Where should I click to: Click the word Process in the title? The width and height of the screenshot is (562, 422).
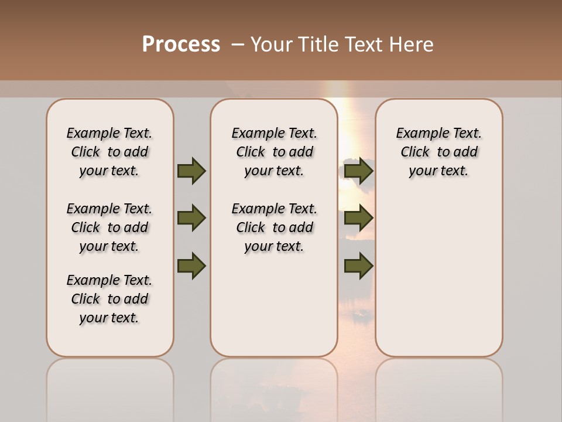(181, 45)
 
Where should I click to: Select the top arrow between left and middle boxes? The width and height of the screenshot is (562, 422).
(191, 171)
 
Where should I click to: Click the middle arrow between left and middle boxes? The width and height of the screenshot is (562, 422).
(191, 218)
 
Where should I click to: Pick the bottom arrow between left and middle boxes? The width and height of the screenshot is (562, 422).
(191, 266)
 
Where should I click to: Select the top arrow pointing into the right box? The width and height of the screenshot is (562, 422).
(359, 171)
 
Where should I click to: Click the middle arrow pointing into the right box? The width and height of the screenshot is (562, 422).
(359, 218)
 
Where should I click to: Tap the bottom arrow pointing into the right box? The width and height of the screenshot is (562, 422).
(359, 266)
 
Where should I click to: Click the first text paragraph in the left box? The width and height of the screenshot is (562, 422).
(109, 152)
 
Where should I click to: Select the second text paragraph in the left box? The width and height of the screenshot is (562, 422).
(109, 227)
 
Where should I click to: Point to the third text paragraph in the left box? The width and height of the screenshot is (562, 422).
(109, 299)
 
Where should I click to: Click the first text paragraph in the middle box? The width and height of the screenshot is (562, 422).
(275, 152)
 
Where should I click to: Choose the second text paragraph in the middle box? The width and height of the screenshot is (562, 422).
(275, 227)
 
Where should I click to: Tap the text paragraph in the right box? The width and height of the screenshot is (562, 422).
(439, 152)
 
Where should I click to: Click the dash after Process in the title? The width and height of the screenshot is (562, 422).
(238, 45)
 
